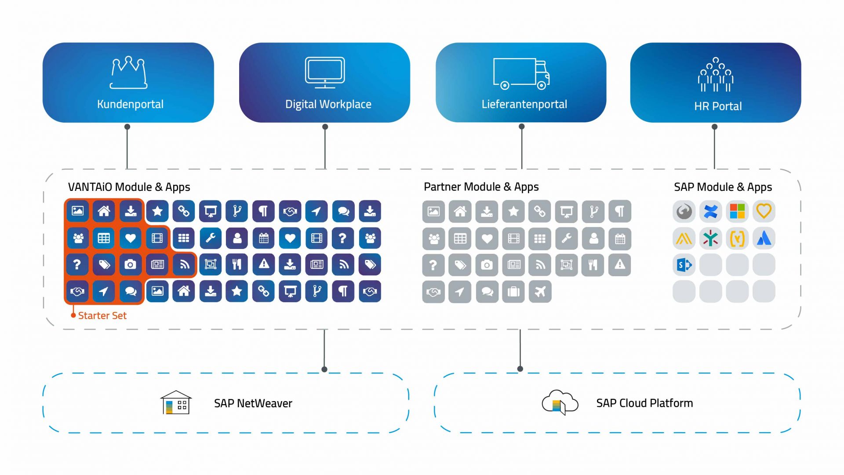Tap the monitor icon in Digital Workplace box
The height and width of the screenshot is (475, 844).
click(x=325, y=72)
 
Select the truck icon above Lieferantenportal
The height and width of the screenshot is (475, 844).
click(x=521, y=73)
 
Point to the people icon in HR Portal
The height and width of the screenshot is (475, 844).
click(x=716, y=74)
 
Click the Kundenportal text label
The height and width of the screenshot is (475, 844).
click(x=130, y=104)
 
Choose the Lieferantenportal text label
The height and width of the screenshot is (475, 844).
click(x=524, y=104)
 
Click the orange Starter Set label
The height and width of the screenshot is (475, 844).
click(x=102, y=315)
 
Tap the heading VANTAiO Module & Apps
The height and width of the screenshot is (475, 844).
click(x=129, y=187)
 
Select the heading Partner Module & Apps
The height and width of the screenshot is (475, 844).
click(x=481, y=187)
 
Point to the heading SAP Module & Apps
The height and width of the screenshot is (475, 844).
click(x=723, y=187)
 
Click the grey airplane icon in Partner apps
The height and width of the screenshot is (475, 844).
click(x=540, y=292)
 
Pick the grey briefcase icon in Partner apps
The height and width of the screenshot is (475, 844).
click(x=513, y=292)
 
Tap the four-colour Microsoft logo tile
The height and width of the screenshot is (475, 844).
click(x=737, y=212)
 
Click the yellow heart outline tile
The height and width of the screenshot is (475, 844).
click(x=764, y=212)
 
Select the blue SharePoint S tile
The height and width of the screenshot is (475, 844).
click(x=684, y=265)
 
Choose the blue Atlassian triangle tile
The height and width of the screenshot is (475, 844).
click(x=764, y=238)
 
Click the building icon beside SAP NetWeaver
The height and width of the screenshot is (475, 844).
click(x=176, y=402)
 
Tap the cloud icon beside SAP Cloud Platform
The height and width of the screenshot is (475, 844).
click(x=560, y=402)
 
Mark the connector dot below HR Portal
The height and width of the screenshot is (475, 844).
click(x=714, y=127)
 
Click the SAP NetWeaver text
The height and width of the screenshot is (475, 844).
click(x=253, y=403)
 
